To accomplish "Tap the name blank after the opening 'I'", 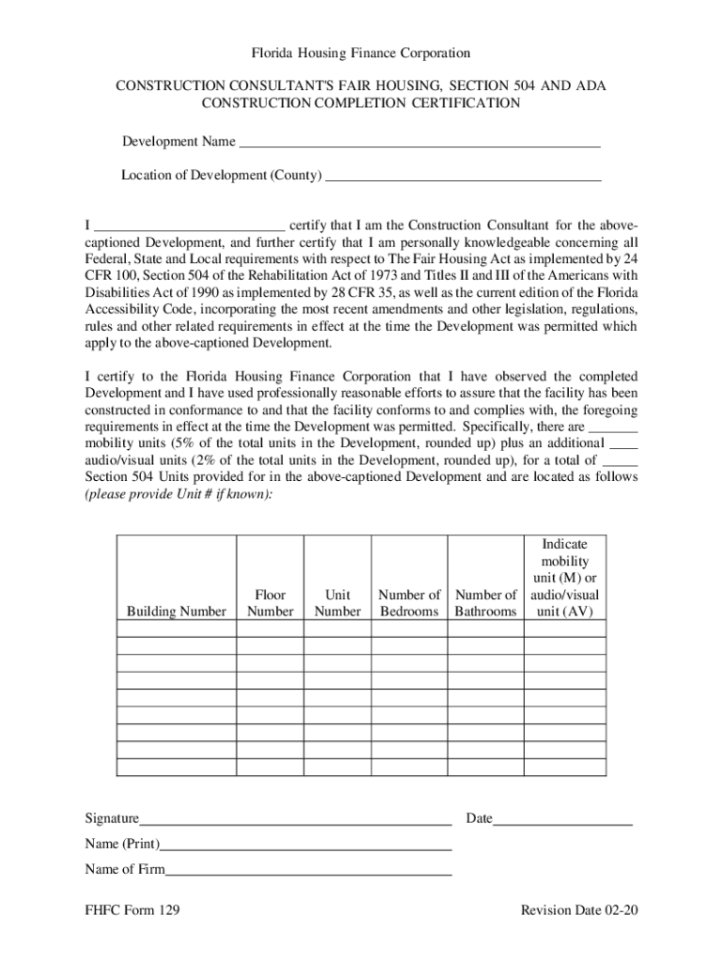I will point(191,226).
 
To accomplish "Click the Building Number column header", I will point(177,612).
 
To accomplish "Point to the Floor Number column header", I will point(269,603).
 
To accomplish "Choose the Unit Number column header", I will point(337,603).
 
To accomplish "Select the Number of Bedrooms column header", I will point(408,603).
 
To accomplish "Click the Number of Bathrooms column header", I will point(485,603).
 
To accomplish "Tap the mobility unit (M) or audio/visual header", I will point(563,578).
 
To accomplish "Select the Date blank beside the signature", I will point(562,819).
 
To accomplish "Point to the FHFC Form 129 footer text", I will point(131,911).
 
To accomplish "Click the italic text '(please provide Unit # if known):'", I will point(178,494).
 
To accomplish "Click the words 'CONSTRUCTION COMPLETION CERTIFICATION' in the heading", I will point(361,103).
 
